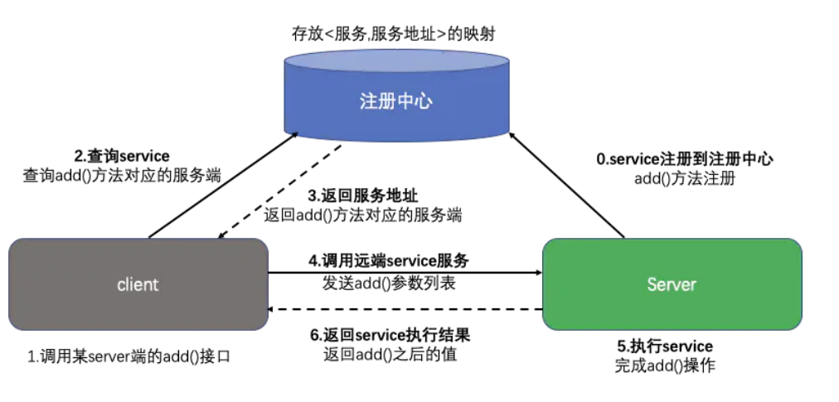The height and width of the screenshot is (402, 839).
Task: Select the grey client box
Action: (x=138, y=284)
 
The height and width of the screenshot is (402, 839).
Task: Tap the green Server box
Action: (x=672, y=284)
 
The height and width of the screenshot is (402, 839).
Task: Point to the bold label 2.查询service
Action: (x=122, y=156)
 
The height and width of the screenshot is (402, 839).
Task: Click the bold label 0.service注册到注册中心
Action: (x=685, y=158)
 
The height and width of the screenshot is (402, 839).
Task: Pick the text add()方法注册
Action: (x=685, y=177)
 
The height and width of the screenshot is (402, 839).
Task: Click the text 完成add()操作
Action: (x=665, y=366)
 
